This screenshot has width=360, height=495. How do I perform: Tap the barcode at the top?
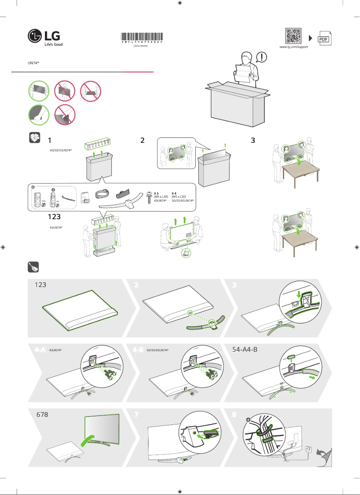(142, 37)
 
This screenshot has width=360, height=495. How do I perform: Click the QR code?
(294, 36)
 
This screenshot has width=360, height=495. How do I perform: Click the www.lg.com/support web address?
(294, 47)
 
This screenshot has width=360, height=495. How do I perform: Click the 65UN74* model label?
(56, 228)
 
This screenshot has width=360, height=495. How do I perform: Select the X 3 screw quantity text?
(156, 193)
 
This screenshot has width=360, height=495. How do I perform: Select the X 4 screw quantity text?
(174, 193)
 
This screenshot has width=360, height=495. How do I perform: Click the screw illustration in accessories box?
(148, 198)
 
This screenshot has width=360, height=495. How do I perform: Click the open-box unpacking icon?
(35, 138)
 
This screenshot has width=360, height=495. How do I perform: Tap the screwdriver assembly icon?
(34, 267)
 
